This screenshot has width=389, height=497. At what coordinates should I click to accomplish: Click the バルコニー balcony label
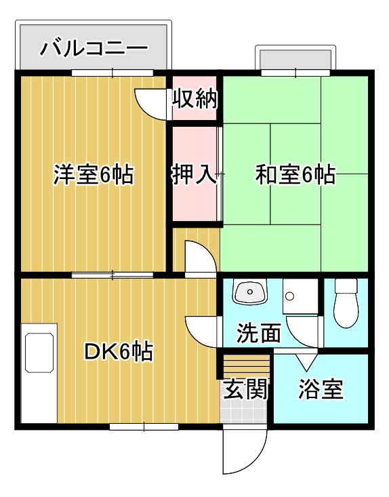[94, 48]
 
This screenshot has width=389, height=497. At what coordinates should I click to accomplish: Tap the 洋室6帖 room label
[93, 174]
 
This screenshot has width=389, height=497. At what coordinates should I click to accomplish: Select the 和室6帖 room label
[295, 174]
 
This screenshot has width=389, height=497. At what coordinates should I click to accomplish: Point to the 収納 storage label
[194, 98]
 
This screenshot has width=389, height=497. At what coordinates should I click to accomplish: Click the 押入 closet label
[194, 174]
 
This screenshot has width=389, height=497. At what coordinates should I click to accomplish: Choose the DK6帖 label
[119, 351]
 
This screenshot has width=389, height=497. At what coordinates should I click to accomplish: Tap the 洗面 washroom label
[259, 333]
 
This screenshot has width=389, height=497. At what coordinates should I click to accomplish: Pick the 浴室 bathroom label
[321, 389]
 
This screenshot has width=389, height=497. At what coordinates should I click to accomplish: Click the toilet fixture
[346, 303]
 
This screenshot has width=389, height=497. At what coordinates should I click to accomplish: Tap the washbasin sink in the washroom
[250, 292]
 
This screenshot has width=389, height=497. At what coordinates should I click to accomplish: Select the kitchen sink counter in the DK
[39, 373]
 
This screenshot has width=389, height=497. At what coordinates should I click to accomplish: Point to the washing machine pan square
[300, 296]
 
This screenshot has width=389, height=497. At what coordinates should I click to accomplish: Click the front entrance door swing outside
[245, 451]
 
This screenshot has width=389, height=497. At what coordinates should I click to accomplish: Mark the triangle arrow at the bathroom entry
[306, 362]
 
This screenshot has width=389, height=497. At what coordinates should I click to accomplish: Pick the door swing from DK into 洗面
[203, 332]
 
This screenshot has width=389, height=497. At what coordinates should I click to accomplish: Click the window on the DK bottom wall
[144, 426]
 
